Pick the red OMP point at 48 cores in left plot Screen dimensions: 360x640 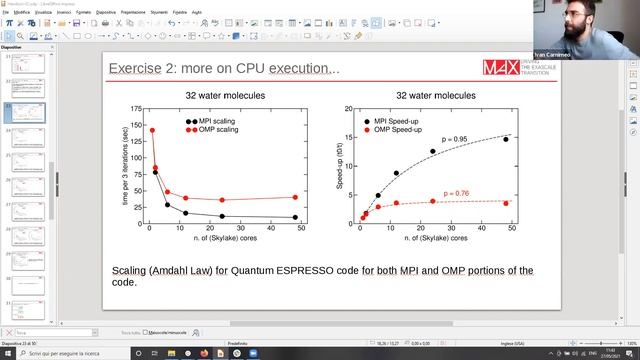[295, 197]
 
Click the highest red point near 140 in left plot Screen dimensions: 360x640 [152, 130]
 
